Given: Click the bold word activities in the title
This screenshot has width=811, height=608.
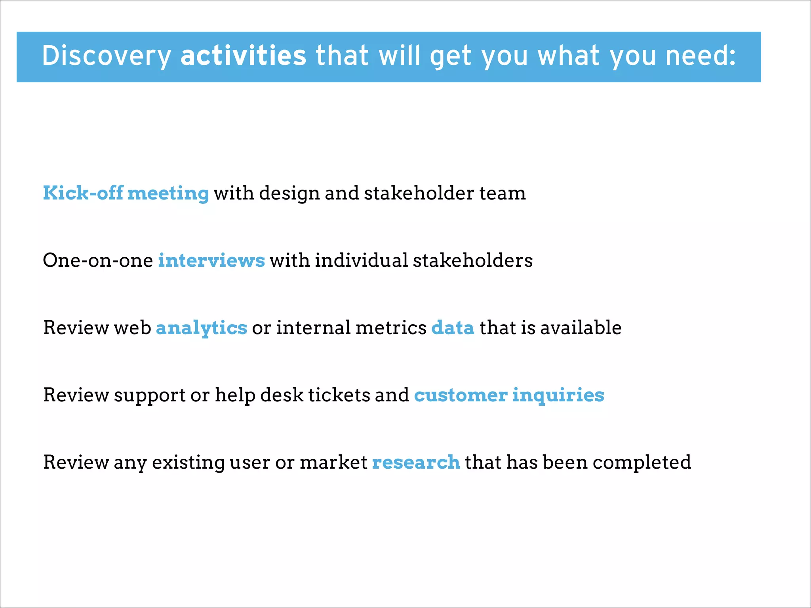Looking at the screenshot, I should tap(243, 55).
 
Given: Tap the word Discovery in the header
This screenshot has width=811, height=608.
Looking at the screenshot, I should tap(106, 55).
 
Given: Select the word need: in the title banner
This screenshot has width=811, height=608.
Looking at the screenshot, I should tap(701, 55).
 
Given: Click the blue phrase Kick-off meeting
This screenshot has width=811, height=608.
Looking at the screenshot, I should tap(126, 193).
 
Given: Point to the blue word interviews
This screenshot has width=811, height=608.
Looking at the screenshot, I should tap(211, 260).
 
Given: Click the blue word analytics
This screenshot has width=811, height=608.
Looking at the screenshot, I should tap(202, 328).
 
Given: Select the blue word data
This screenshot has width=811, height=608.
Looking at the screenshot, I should tap(453, 328).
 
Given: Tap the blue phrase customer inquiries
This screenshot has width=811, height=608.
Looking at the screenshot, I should tap(509, 395).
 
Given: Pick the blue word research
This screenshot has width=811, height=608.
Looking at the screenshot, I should tap(416, 462).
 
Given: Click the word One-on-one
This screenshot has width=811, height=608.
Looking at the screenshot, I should tap(98, 260).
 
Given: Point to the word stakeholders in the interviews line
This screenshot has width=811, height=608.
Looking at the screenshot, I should tap(473, 260).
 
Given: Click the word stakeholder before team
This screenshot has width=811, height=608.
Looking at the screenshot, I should tap(419, 193).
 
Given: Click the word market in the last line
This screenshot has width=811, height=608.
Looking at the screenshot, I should tap(333, 462).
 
